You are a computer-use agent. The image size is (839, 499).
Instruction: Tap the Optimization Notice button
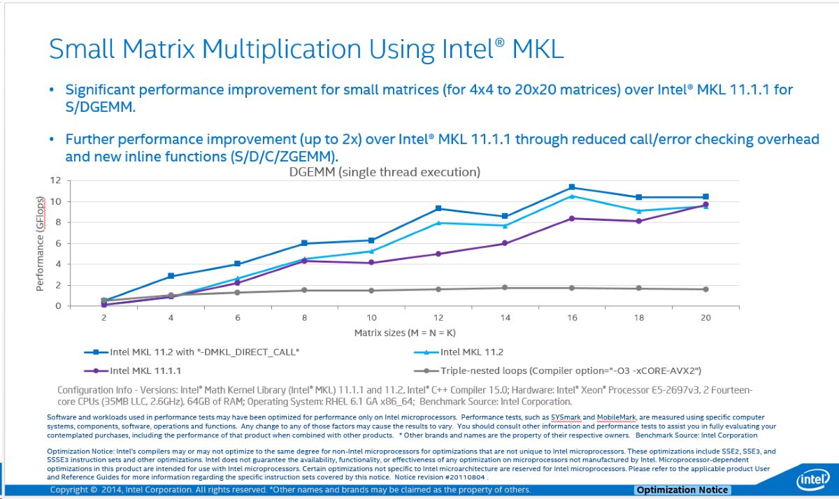(x=682, y=490)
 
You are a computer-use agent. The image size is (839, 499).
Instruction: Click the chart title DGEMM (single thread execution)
(x=385, y=171)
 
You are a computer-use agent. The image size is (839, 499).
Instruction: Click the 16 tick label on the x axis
(x=572, y=318)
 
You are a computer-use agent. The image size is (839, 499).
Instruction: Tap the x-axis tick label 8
(x=304, y=318)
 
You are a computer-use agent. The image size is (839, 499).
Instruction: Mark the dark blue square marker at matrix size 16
(x=572, y=187)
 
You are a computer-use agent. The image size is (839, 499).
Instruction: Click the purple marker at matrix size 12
(x=438, y=254)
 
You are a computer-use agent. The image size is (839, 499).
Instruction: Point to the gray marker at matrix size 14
(x=505, y=288)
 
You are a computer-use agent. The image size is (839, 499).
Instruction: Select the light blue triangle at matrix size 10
(x=371, y=251)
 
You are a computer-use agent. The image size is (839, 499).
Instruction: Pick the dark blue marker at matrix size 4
(x=171, y=276)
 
